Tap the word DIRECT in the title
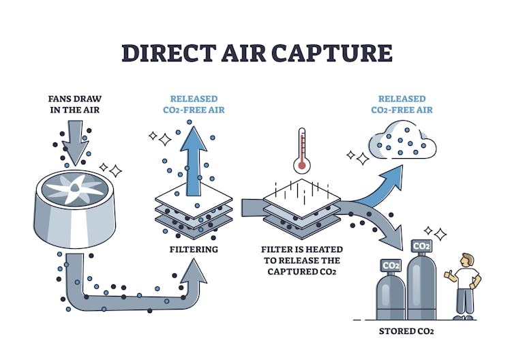point(162,52)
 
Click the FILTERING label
point(194,250)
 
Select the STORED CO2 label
point(407,331)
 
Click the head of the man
point(466,260)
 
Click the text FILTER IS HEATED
point(301,250)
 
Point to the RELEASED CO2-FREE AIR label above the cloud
point(402,104)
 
